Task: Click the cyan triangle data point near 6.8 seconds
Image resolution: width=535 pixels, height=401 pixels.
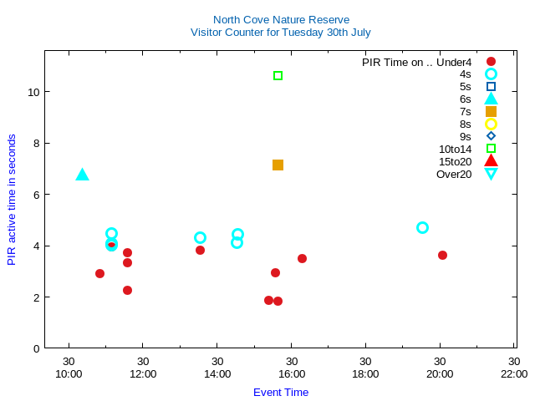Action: tap(82, 175)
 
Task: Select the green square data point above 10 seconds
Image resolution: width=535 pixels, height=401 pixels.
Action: tap(278, 76)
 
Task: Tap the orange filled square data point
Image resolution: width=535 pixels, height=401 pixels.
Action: tap(278, 165)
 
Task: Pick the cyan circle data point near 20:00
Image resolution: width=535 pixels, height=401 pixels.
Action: tap(422, 227)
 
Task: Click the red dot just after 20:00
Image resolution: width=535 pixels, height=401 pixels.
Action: tap(442, 255)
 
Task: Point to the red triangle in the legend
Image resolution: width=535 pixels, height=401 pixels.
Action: tap(491, 161)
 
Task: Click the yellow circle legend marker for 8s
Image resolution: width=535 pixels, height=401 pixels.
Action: tap(491, 124)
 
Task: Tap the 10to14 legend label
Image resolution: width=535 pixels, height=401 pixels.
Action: tap(456, 149)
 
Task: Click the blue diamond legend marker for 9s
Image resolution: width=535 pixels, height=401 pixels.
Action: tap(491, 136)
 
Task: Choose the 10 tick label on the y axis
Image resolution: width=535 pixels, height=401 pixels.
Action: tap(33, 91)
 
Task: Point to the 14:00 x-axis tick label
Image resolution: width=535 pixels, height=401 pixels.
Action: tap(217, 373)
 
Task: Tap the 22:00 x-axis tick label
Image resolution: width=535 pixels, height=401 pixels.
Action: tap(513, 373)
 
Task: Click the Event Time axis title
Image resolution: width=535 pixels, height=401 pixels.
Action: tap(281, 392)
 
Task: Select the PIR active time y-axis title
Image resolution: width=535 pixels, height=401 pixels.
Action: tap(12, 200)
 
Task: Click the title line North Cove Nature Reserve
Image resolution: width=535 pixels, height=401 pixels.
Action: tap(281, 19)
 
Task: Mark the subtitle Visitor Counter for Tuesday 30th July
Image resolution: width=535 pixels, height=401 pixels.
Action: tap(281, 32)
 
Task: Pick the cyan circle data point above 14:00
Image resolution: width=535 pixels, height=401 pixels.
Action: tap(200, 237)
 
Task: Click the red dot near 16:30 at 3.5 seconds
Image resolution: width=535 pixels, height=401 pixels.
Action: tap(302, 258)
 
